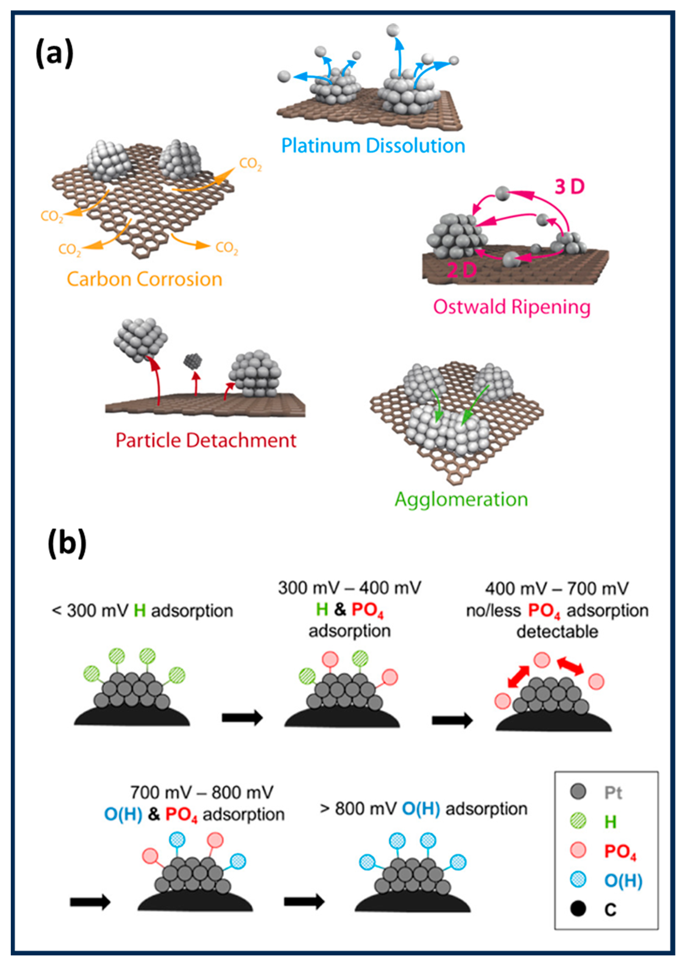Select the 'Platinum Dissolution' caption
tap(373, 146)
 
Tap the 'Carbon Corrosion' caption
tap(144, 279)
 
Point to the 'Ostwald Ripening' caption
tap(512, 307)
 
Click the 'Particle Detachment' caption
tap(206, 441)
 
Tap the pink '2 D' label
tap(461, 270)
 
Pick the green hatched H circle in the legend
tap(578, 821)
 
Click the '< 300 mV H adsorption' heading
tap(142, 611)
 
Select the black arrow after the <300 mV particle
tap(242, 718)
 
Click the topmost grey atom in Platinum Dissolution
tap(393, 30)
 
